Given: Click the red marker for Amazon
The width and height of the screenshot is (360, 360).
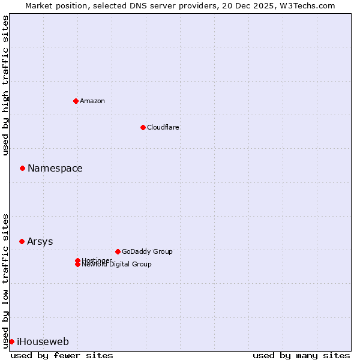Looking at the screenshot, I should [76, 101].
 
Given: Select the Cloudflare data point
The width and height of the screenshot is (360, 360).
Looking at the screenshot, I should [143, 127].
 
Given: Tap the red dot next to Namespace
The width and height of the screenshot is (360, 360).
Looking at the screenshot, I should [22, 168].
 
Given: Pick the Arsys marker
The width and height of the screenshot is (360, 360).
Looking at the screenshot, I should [22, 241].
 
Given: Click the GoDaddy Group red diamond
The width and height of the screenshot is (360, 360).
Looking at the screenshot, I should [118, 251].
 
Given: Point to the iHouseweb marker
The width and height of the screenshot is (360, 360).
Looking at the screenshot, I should [11, 341].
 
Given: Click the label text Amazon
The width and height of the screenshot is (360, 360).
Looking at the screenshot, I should [92, 101].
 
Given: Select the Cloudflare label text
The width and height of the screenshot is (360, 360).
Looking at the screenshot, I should [163, 127].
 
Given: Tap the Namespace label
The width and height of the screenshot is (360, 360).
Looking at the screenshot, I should [55, 169].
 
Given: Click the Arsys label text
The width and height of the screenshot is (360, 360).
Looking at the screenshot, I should [40, 242].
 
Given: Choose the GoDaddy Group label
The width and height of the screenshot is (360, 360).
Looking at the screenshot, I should [147, 251].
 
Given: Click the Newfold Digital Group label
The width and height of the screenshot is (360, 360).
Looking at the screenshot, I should [117, 265].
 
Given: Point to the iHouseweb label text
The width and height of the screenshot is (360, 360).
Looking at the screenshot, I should [43, 342].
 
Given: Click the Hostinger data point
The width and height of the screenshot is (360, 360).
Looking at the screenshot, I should [77, 260].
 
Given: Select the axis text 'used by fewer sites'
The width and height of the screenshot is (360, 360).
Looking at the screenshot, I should [62, 355].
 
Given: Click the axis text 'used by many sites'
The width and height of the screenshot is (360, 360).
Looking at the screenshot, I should [301, 355].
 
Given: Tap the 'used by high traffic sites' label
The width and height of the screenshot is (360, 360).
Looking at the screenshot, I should [5, 86].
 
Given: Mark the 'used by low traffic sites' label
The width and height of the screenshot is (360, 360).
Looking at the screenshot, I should [5, 280].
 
